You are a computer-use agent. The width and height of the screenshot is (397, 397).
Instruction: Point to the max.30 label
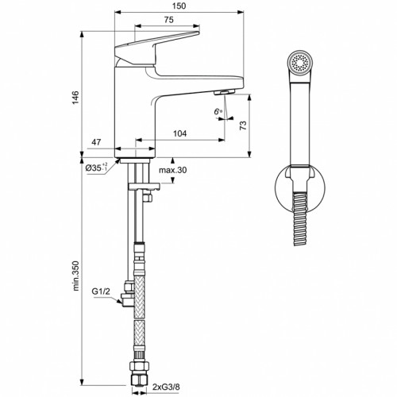pyautogui.click(x=172, y=171)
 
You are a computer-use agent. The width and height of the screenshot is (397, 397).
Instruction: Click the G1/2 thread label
pyautogui.click(x=101, y=291)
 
